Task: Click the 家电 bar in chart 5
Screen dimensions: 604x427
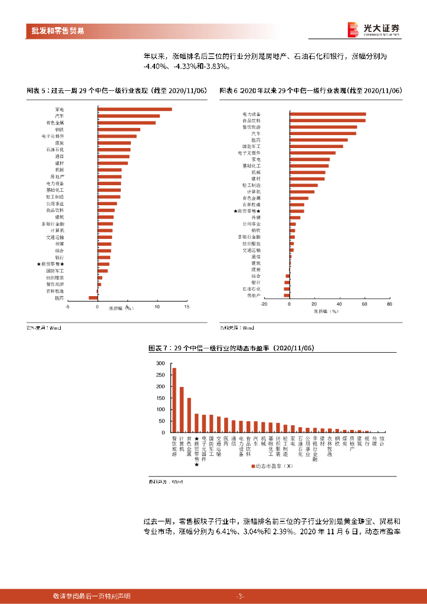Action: point(134,109)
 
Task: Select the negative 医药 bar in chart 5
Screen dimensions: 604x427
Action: point(93,298)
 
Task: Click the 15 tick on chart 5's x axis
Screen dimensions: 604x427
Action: point(186,307)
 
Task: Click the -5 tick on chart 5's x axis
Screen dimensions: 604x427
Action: point(68,307)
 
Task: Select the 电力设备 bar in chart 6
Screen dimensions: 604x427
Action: point(327,114)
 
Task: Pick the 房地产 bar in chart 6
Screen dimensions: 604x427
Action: point(287,295)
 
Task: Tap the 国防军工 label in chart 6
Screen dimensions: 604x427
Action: point(251,146)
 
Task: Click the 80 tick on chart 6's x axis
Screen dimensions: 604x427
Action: point(389,304)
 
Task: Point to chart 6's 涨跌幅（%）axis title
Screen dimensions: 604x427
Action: point(326,310)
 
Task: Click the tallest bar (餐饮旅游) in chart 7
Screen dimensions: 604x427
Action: point(174,401)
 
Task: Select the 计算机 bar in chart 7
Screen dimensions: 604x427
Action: point(182,410)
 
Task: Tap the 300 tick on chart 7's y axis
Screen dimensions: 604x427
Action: point(160,364)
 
